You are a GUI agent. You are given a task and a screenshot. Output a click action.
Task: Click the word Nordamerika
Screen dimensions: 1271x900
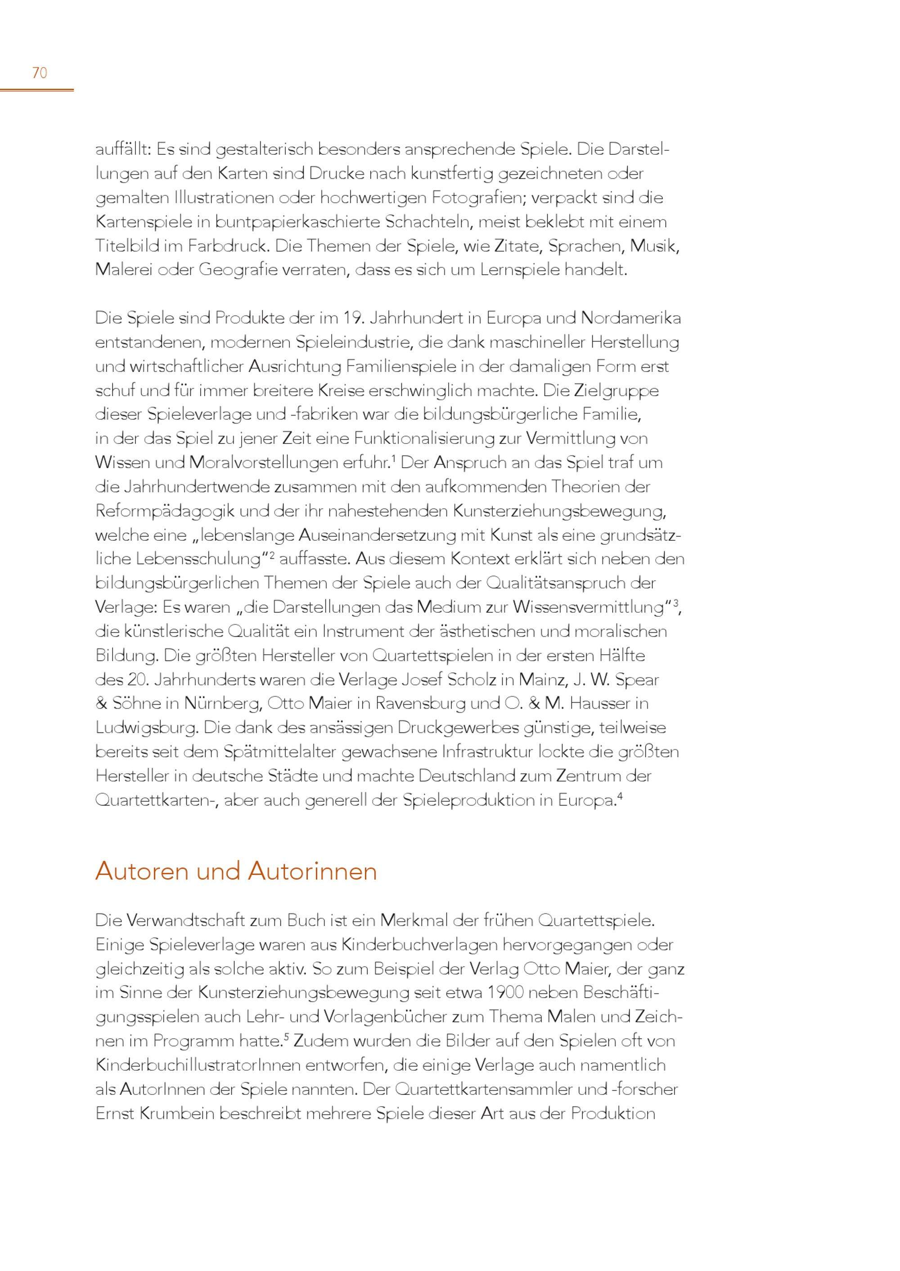pyautogui.click(x=631, y=318)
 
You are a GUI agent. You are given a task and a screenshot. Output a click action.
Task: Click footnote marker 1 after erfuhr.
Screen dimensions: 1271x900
pyautogui.click(x=393, y=458)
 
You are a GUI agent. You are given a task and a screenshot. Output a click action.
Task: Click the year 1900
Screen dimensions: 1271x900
pyautogui.click(x=507, y=993)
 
